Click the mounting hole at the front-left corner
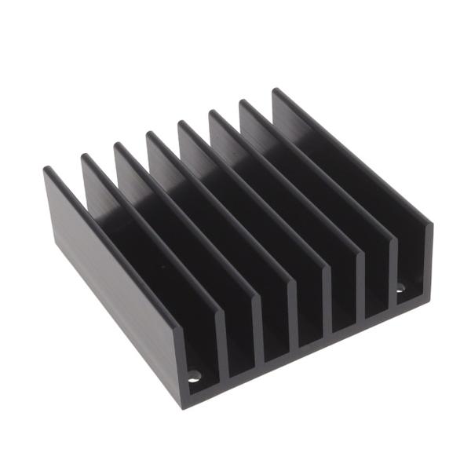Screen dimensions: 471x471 coord(194,377)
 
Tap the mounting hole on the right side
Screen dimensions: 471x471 coord(400,288)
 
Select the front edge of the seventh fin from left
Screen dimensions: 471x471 coord(392,267)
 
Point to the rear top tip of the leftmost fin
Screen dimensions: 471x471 coord(46,169)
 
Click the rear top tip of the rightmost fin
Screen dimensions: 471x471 coord(276,91)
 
